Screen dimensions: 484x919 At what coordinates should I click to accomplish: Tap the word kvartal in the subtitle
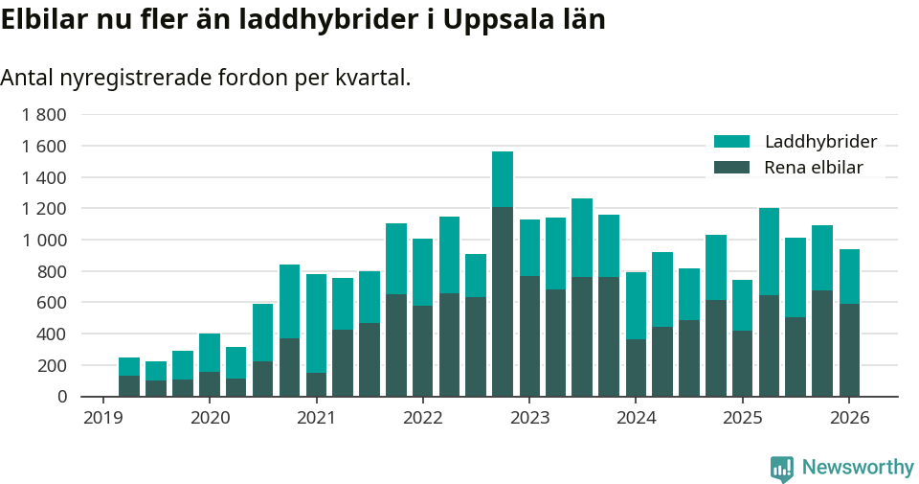pos(372,78)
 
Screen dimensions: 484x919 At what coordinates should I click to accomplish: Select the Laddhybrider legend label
pos(820,142)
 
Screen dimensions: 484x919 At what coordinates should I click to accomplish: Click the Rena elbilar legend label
pos(813,168)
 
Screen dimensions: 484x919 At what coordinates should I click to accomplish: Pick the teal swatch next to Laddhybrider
pos(732,142)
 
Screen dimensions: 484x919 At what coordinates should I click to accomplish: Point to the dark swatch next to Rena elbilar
pos(732,168)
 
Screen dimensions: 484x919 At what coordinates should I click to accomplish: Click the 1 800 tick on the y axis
pos(44,115)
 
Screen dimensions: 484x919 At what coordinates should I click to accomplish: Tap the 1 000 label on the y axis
pos(44,241)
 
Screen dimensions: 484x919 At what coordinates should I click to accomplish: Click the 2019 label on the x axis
pos(102,418)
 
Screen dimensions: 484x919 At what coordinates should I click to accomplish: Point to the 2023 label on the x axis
pos(529,418)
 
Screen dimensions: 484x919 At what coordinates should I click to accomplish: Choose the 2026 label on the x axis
pos(848,418)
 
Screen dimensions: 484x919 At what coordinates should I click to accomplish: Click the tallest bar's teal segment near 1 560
pos(503,179)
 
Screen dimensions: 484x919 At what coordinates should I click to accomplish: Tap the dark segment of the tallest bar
pos(503,302)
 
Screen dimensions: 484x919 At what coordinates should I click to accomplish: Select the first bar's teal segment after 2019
pos(129,366)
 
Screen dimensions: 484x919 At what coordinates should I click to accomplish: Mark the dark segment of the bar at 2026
pos(849,350)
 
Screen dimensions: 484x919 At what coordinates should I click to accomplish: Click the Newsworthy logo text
pos(858,468)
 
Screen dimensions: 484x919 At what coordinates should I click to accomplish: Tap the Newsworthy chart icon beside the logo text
pos(782,468)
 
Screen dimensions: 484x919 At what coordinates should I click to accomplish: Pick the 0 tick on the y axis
pos(62,397)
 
